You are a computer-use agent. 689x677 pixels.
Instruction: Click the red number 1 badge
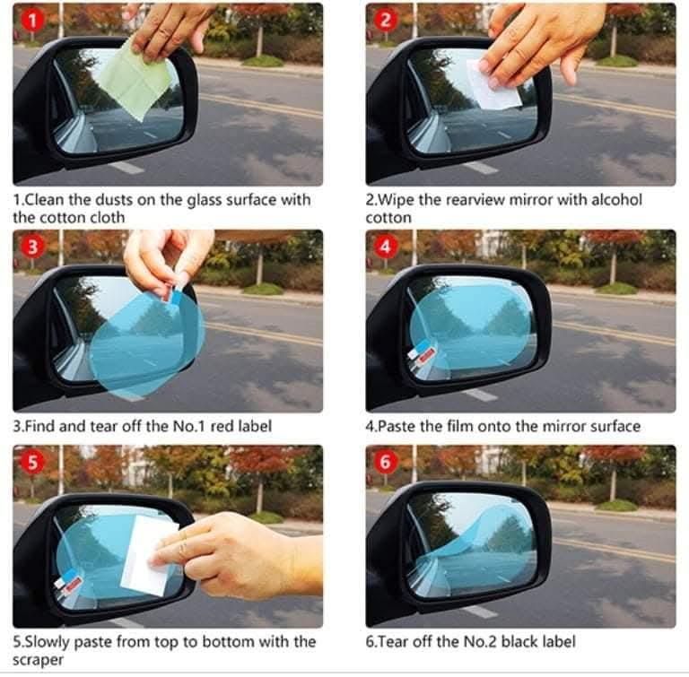(32, 21)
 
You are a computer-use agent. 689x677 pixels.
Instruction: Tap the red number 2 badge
(385, 21)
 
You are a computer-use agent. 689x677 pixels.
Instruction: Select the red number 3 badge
(32, 247)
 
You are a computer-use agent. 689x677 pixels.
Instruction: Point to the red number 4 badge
(385, 247)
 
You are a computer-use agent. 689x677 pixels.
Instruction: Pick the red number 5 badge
(32, 463)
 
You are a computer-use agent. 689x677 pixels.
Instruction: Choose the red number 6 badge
(385, 463)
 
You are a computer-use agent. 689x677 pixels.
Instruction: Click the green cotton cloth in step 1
(133, 82)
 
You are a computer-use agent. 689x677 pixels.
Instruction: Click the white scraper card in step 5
(146, 556)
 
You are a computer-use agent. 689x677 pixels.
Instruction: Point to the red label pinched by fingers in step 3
(167, 294)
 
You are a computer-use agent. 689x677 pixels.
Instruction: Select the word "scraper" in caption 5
(38, 660)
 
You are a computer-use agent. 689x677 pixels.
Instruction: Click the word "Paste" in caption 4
(397, 427)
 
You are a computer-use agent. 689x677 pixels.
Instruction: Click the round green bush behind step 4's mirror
(618, 288)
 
